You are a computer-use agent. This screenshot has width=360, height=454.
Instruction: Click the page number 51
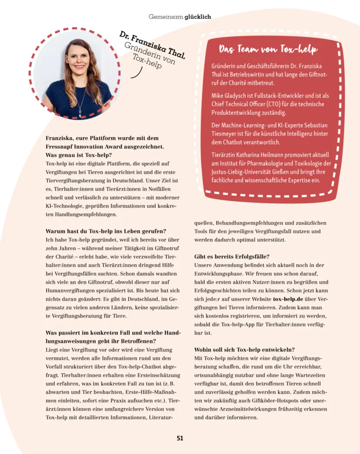click(x=180, y=438)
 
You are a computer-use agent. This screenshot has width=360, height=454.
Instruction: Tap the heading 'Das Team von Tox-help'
click(x=268, y=49)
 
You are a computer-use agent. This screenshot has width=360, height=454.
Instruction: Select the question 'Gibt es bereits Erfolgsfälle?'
click(x=232, y=256)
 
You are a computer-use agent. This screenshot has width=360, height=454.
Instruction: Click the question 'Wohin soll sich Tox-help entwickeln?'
click(x=245, y=349)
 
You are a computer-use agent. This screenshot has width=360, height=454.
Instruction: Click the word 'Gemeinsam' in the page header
click(x=166, y=17)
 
